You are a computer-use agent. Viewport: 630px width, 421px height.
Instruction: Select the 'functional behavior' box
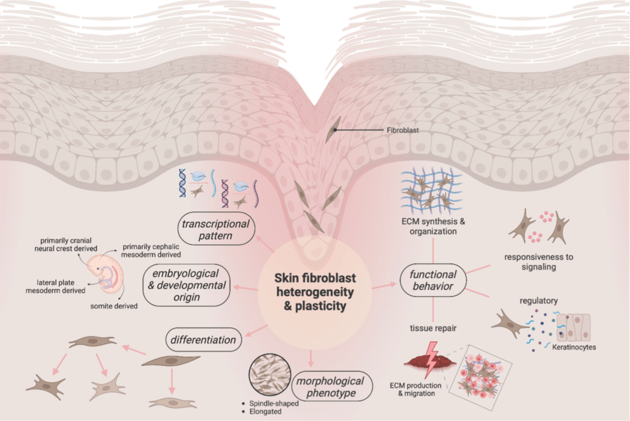click(433, 281)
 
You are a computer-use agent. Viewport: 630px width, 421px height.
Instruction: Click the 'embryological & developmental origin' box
click(185, 285)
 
